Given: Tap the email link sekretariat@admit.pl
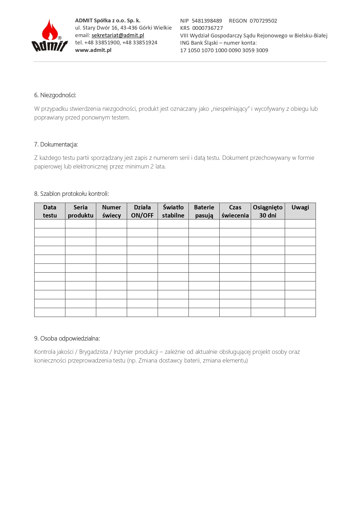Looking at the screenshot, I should point(118,35).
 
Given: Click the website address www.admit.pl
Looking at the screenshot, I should point(93,50).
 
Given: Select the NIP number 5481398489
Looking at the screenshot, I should point(207,21).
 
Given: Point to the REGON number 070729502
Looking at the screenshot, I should point(263,21).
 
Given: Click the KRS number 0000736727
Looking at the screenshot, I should point(207,28).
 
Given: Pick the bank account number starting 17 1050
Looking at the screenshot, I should point(224,50).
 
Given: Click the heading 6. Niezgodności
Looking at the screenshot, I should point(55,95).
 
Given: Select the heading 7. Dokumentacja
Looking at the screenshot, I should point(56,144).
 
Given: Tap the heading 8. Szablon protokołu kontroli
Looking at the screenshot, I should point(72,194).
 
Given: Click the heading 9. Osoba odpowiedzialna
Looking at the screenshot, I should point(67,338).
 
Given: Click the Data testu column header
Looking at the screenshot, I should point(50,211).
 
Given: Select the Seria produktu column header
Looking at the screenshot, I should point(81,211).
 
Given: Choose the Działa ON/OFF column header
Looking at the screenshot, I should point(142,211).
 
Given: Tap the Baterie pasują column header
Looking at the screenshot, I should point(204,211).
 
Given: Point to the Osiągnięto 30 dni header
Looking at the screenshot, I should point(268,211).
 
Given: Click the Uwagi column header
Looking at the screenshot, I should point(300,208).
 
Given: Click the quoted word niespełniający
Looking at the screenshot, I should point(230,109).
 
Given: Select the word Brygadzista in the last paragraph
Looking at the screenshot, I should point(93,352).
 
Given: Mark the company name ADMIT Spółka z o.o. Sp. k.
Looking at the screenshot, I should point(108,21).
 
